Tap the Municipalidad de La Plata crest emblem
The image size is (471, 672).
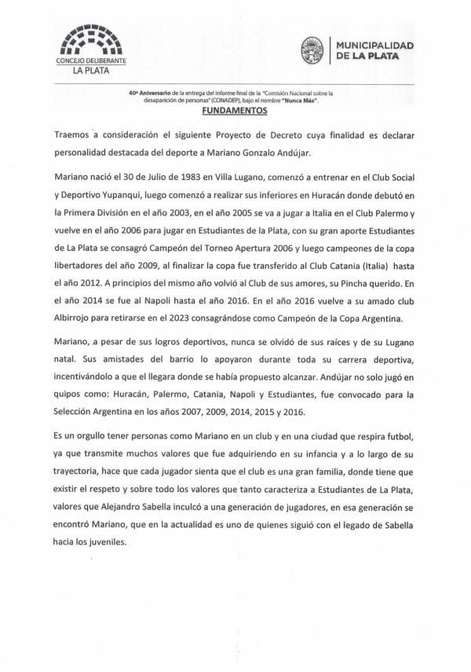pos(312,51)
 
